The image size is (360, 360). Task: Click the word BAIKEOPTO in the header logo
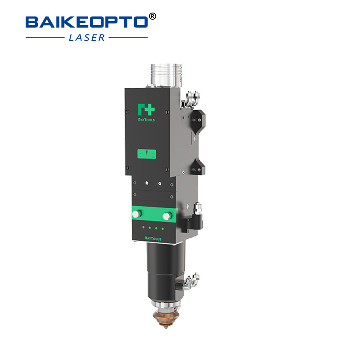85,22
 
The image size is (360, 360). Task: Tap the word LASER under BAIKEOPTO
87,38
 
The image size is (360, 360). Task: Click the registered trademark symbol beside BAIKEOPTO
152,17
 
